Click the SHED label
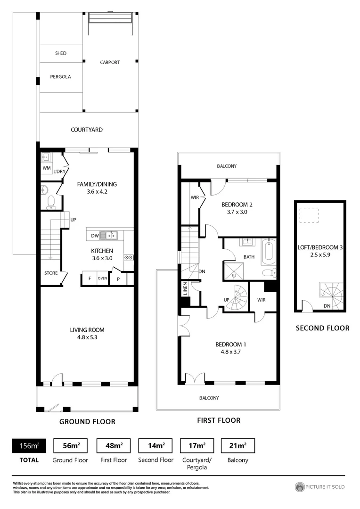pos(61,53)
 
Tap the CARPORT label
pos(110,62)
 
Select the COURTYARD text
pos(87,130)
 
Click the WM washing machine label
pos(46,168)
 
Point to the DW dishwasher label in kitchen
pos(94,235)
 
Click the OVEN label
pos(103,278)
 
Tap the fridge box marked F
pos(89,278)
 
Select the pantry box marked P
pos(118,279)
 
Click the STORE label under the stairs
pos(51,273)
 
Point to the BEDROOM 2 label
pos(237,205)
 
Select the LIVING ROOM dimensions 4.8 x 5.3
pos(87,337)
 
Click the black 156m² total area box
pos(26,445)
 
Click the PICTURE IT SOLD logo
pos(320,487)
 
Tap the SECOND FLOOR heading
pos(322,328)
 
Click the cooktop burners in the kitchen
pos(128,257)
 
